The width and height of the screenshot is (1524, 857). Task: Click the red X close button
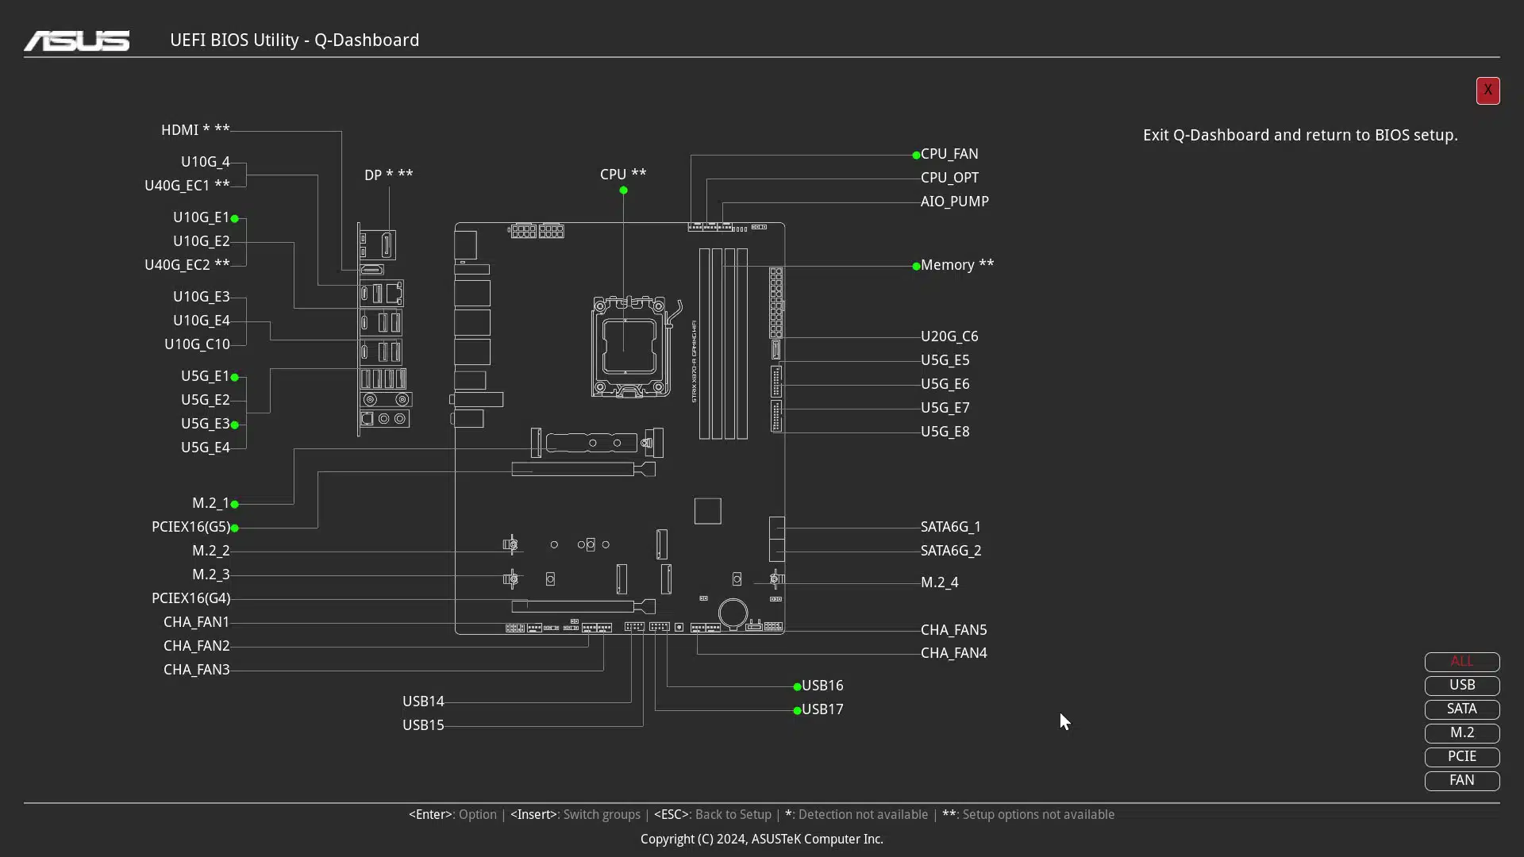coord(1487,90)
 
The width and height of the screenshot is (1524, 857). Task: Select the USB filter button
coord(1462,685)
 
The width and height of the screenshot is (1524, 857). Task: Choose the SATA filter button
coord(1462,709)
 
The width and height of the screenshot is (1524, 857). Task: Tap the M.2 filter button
coord(1462,732)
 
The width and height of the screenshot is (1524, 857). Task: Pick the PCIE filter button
coord(1462,756)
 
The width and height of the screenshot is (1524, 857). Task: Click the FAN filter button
coord(1462,780)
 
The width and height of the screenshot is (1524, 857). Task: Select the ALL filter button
coord(1462,661)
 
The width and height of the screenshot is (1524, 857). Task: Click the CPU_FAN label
coord(949,154)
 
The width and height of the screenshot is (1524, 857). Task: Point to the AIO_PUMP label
coord(955,202)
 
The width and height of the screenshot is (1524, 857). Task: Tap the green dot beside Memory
coord(916,267)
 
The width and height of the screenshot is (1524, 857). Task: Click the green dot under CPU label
coord(623,190)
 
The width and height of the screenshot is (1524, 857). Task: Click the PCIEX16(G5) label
coord(190,527)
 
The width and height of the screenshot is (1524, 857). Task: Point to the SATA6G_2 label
coord(951,551)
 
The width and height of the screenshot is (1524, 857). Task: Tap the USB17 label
coord(822,709)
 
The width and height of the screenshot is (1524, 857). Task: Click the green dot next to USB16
coord(797,687)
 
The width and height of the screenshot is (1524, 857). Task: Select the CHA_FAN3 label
coord(197,670)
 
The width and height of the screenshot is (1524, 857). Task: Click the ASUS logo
coord(77,40)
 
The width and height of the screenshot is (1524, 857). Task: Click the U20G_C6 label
coord(949,336)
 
